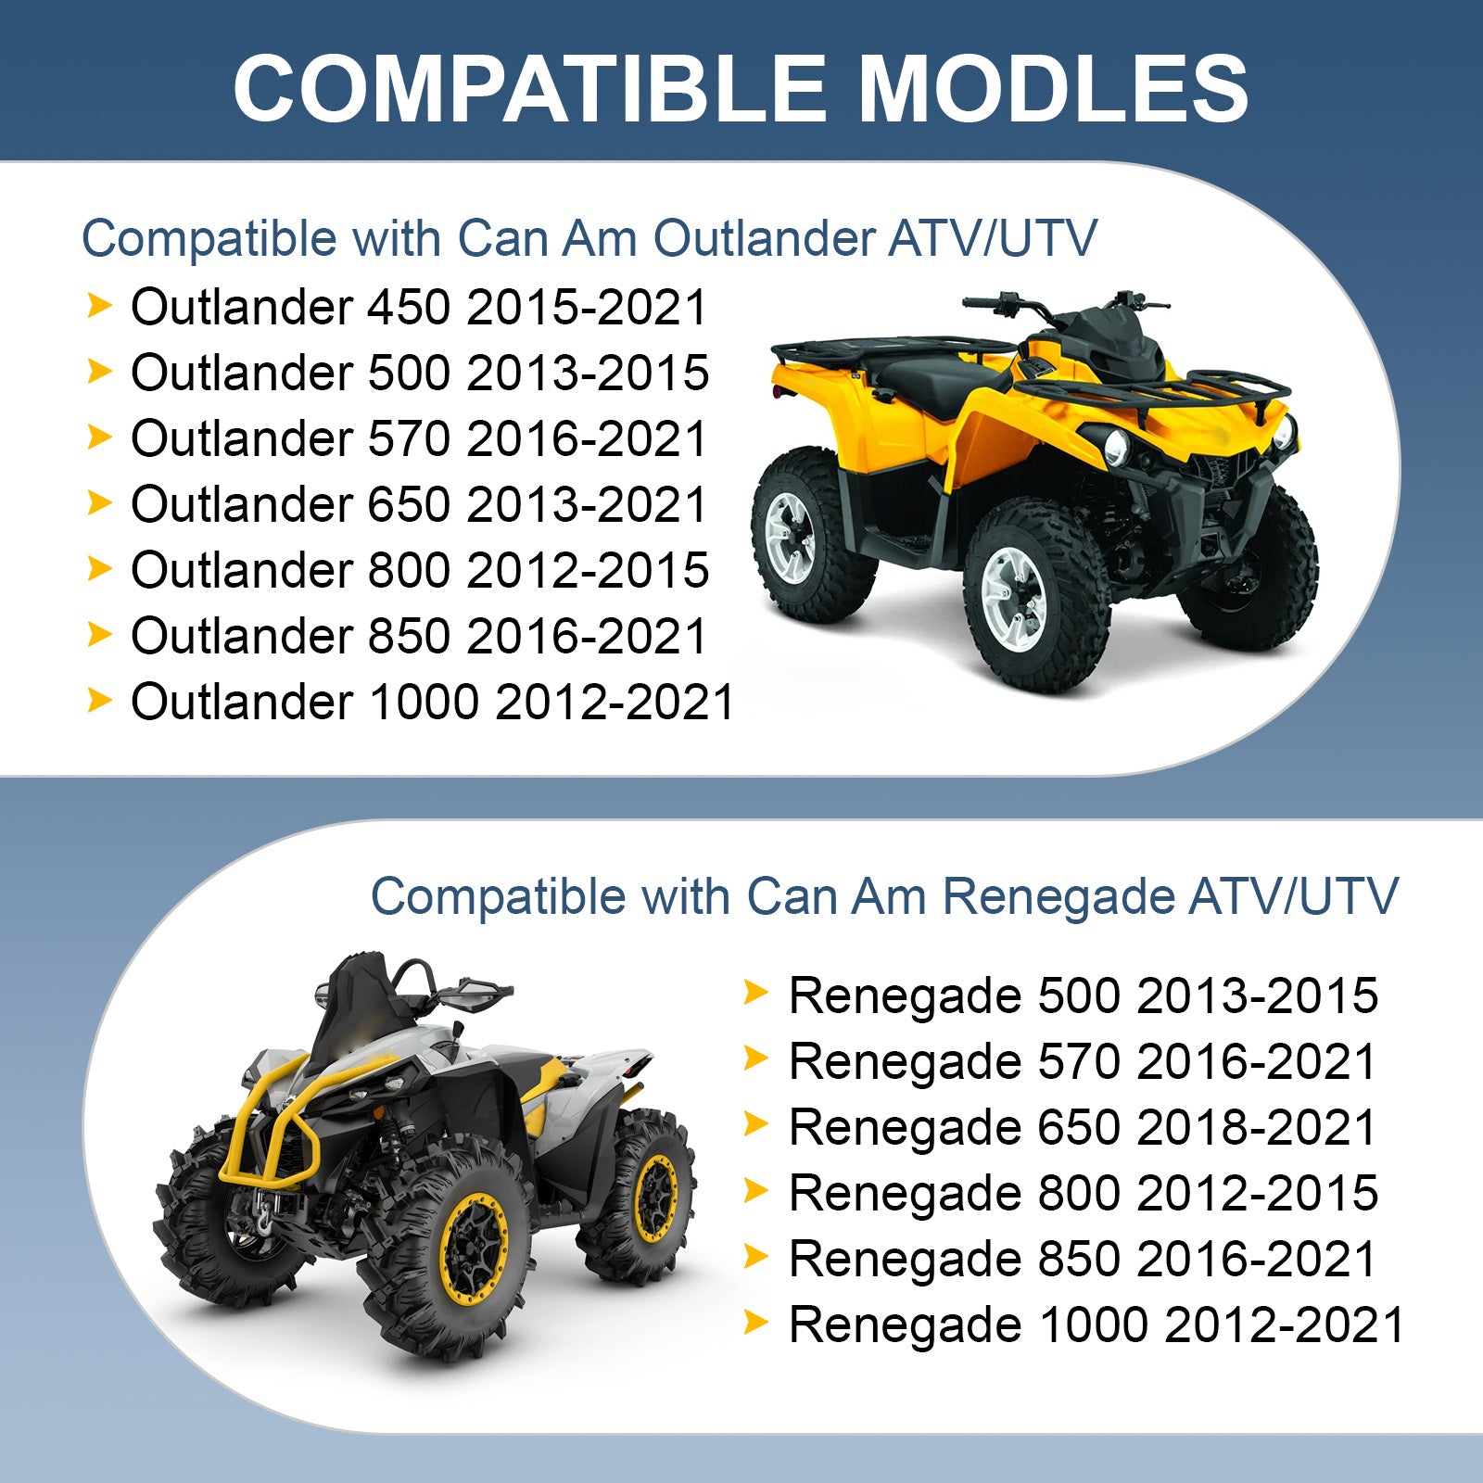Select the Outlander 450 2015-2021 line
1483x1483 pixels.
420,307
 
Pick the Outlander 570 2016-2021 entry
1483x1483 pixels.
420,438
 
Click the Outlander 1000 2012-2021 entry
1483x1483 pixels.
433,702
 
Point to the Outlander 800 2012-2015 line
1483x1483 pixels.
420,570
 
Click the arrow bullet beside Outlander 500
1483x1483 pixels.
99,371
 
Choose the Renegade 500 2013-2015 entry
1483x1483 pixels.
1084,995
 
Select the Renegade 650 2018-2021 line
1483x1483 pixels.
1084,1127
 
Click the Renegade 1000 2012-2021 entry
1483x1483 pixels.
1097,1325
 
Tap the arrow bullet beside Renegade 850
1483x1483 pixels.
756,1257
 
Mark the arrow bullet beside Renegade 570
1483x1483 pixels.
756,1059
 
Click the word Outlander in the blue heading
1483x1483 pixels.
763,238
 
